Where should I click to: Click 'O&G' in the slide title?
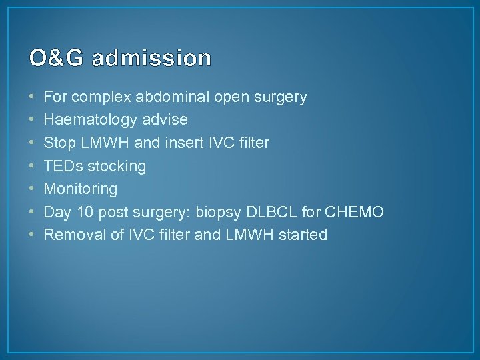click(x=57, y=59)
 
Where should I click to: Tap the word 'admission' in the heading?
click(x=152, y=59)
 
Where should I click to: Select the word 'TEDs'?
click(x=61, y=166)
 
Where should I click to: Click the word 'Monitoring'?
click(x=80, y=189)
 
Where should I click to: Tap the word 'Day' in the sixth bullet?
click(x=57, y=212)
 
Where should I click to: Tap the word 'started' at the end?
click(x=303, y=235)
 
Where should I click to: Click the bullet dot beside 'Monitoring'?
click(x=33, y=189)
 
